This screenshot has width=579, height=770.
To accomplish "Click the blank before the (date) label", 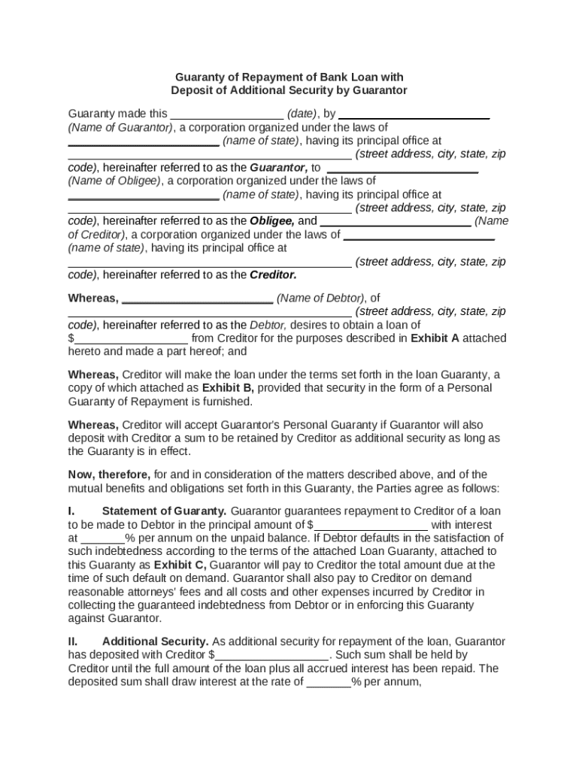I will tap(227, 115).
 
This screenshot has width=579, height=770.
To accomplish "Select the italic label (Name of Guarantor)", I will tap(121, 127).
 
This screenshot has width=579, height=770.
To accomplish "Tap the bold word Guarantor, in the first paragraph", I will tap(278, 168).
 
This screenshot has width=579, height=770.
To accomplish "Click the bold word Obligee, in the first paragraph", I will tap(272, 222).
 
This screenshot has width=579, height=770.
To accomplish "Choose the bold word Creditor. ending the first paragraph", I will tap(273, 275).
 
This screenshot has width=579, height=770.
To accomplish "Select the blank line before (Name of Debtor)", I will tap(197, 299).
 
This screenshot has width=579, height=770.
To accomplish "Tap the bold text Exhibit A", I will tap(435, 338).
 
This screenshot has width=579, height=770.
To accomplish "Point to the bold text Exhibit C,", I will tap(180, 565).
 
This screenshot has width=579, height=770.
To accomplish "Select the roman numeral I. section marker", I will tap(72, 511).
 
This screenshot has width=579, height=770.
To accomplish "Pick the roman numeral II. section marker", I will tap(74, 642).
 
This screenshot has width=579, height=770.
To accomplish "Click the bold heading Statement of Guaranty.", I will tap(164, 511).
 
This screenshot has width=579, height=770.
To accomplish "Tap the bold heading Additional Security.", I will tap(156, 642).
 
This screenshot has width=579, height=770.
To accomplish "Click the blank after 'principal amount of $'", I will tap(371, 526).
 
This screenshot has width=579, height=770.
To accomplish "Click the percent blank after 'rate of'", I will tap(328, 684).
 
